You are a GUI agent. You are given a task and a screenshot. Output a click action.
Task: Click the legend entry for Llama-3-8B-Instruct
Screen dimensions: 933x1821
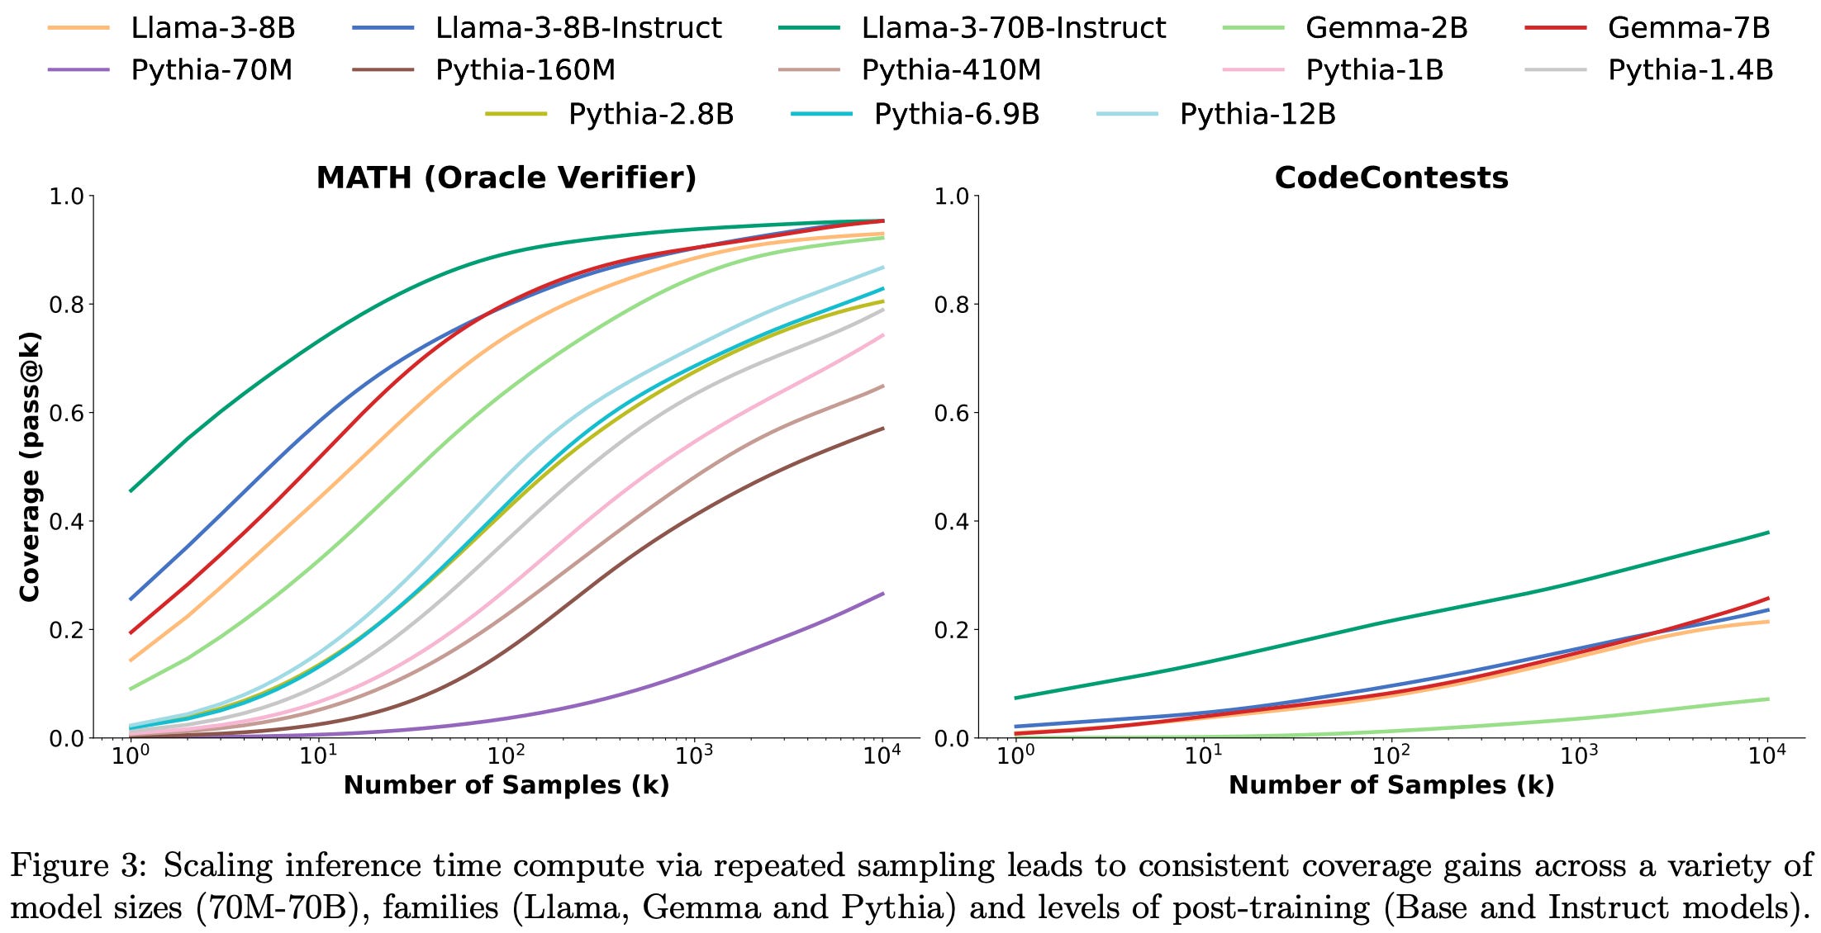[578, 28]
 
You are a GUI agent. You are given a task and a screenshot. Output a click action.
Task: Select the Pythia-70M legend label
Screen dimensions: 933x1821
[212, 70]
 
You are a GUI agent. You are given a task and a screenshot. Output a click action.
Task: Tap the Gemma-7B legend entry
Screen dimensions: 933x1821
[1688, 28]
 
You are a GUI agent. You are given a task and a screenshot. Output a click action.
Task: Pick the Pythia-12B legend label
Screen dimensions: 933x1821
[1257, 114]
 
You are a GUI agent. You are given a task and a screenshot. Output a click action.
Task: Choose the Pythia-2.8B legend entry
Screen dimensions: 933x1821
[651, 114]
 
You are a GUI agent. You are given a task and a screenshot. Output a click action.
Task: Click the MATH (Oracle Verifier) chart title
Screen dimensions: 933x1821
[506, 178]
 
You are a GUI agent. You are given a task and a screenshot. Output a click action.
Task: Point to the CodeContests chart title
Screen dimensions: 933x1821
[1391, 178]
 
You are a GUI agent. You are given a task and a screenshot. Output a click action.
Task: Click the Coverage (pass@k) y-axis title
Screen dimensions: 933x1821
[30, 466]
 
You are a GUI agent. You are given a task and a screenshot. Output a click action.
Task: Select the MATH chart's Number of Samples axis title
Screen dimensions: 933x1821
[506, 784]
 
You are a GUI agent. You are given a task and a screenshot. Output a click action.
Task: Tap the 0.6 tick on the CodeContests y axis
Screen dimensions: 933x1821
[951, 413]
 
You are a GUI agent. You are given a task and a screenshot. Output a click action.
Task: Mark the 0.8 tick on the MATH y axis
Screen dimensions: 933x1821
[66, 305]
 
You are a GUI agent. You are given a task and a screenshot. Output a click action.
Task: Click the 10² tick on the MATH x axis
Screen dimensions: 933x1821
[506, 755]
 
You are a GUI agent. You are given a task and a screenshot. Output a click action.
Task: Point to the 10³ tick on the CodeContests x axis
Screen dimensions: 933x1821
[1579, 755]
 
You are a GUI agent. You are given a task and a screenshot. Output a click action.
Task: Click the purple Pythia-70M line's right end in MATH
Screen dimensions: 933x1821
[882, 594]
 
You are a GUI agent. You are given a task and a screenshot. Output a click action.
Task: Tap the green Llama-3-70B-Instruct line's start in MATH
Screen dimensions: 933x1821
[131, 491]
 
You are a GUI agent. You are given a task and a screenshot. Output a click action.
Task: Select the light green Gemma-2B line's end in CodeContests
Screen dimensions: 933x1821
[1767, 699]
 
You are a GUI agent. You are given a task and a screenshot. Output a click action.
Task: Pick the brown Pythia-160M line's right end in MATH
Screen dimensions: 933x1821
[882, 429]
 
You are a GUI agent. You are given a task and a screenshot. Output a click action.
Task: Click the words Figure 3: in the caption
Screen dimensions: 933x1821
[78, 866]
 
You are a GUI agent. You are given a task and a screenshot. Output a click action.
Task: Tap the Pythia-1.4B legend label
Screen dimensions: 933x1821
[1690, 70]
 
